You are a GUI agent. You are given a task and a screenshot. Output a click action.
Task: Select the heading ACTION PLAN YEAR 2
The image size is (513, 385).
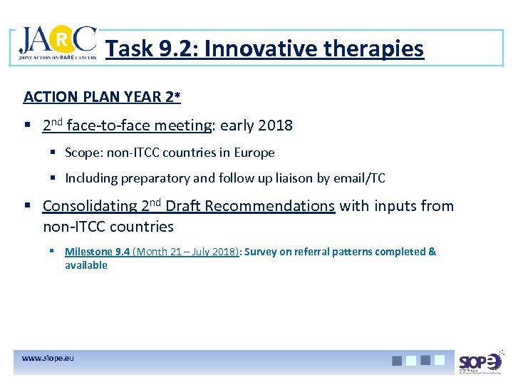102,96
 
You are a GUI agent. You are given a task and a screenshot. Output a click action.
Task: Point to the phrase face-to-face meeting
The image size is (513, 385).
140,125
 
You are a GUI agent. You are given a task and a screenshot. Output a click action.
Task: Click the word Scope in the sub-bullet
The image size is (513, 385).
80,153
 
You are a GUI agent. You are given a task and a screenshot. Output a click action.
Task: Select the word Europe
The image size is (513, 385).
256,153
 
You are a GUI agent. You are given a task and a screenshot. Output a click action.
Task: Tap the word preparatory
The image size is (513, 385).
148,178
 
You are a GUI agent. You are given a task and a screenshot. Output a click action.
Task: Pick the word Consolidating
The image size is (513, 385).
89,206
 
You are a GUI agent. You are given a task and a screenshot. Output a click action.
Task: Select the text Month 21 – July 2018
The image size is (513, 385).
186,252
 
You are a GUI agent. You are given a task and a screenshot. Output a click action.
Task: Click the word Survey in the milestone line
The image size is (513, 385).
261,252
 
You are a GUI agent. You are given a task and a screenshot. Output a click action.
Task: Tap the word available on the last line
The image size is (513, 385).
86,265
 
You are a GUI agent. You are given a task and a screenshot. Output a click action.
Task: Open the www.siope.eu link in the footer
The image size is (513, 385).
48,357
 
